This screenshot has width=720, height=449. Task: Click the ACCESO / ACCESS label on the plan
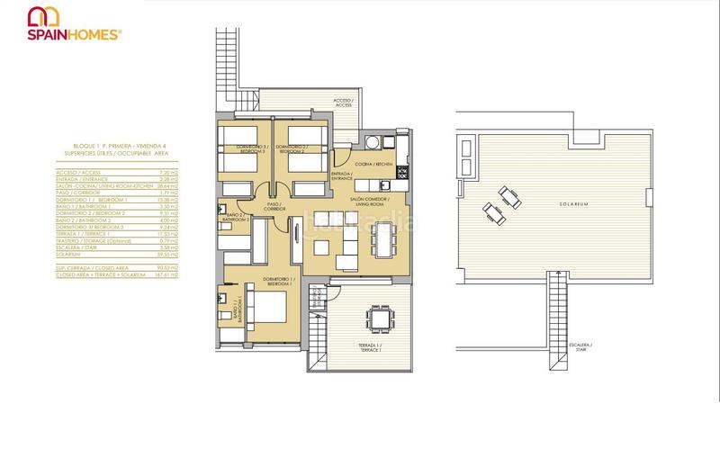pyautogui.click(x=343, y=103)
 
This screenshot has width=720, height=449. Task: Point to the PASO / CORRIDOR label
pyautogui.click(x=274, y=207)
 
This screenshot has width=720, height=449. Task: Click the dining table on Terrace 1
pyautogui.click(x=380, y=318)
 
